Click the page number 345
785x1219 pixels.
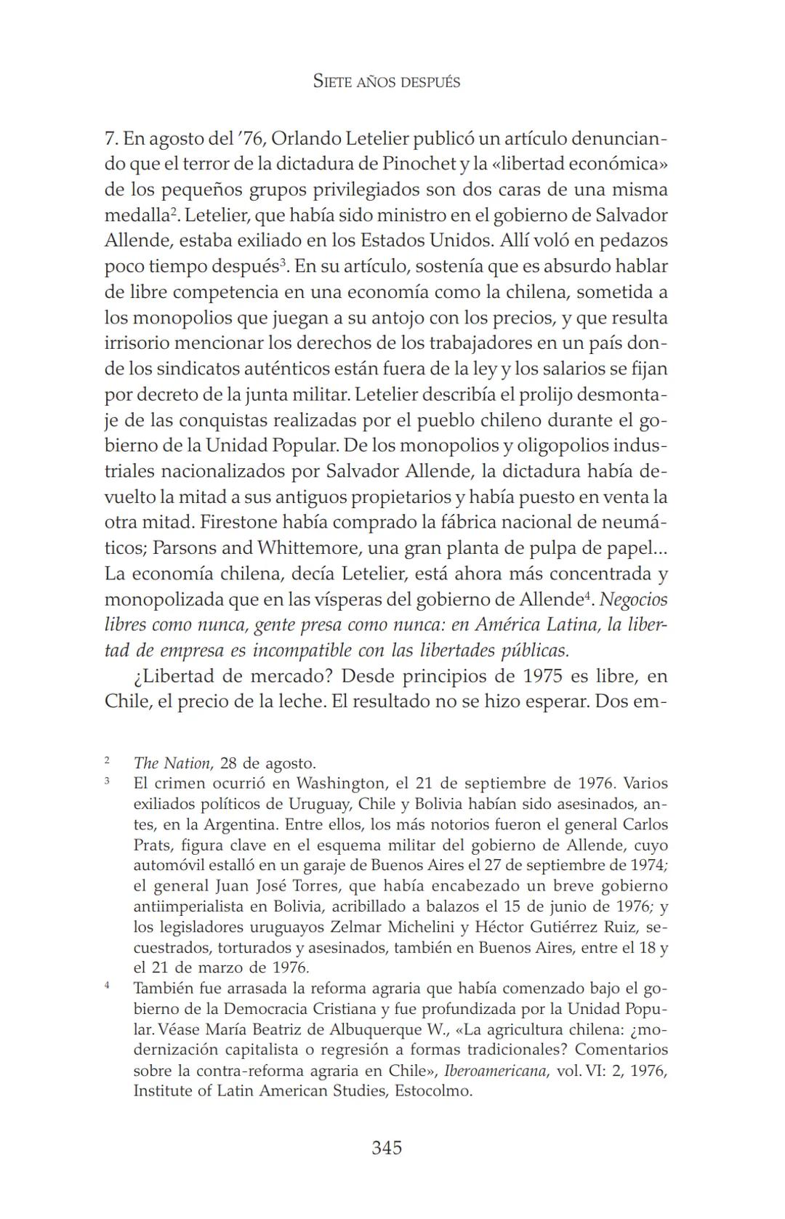click(387, 1148)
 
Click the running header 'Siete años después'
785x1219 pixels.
click(387, 81)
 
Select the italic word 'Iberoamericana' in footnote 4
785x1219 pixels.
click(494, 1071)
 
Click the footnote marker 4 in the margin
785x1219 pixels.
click(107, 986)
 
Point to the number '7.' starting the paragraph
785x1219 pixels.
click(111, 139)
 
